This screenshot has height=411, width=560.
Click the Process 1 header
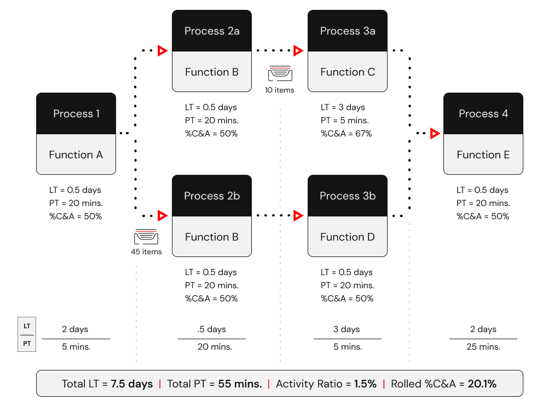pos(76,113)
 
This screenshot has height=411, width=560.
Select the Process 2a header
pos(212,31)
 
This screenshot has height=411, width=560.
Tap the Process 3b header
pos(348,196)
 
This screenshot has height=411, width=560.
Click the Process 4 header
pos(483,113)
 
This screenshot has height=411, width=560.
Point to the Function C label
pos(348,72)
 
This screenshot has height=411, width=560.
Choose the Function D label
pos(348,237)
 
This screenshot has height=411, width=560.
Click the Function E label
pos(483,155)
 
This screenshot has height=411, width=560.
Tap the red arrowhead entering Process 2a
pos(161,51)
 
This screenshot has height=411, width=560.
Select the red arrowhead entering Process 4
pos(435,133)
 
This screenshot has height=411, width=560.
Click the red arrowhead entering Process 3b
pos(297,215)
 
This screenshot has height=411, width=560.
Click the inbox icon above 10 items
pos(280,73)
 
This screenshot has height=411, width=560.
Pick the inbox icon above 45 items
pos(146,237)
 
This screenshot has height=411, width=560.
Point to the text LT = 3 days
pos(343,107)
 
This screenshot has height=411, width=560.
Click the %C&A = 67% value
pos(346,133)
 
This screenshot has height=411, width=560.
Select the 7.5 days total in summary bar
pos(132,384)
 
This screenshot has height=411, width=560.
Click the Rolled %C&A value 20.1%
pos(482,384)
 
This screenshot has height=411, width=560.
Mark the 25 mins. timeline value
pos(483,346)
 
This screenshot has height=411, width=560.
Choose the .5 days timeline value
pos(212,329)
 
